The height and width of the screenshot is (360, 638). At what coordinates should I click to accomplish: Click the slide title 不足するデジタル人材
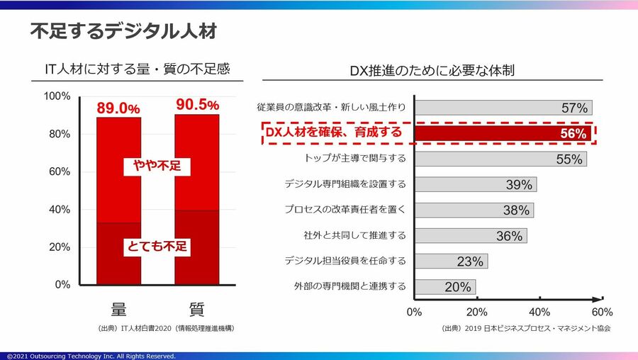pos(123,32)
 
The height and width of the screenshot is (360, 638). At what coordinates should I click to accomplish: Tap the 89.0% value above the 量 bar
pos(118,108)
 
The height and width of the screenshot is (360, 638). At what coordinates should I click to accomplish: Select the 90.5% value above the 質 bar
pos(196,105)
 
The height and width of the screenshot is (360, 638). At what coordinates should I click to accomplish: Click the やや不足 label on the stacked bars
pos(157,167)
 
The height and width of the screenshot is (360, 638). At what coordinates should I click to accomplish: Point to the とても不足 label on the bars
pos(157,247)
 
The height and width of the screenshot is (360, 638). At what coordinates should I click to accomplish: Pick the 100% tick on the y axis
pos(57,96)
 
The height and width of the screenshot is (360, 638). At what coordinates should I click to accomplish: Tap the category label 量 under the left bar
pos(118,310)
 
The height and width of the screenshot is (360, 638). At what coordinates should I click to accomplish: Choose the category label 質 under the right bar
pos(196,310)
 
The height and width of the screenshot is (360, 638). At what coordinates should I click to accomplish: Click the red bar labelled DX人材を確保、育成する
pos(502,133)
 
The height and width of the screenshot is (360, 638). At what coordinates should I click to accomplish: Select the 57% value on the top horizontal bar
pos(574,108)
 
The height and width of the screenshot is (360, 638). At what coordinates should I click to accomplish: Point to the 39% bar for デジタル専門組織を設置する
pos(475,184)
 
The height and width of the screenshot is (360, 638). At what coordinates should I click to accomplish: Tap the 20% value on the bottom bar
pos(457,287)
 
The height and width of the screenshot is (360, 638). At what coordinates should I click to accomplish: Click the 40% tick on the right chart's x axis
pos(539,312)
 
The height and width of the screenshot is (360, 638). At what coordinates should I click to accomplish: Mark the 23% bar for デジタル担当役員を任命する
pos(451,261)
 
